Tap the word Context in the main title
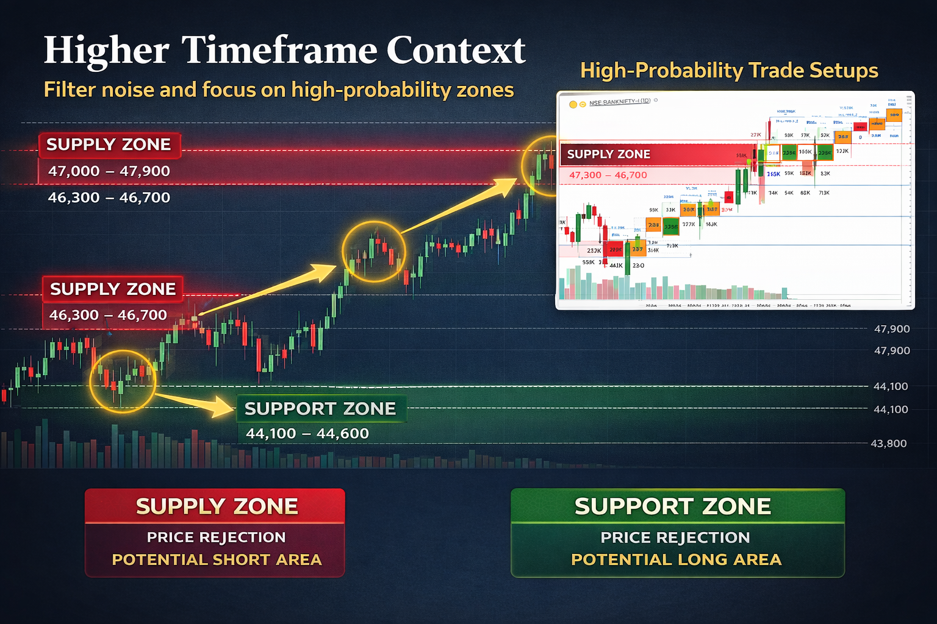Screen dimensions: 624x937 point(456,50)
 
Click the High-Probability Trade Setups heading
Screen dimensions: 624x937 point(729,71)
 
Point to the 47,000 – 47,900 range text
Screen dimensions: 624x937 point(109,171)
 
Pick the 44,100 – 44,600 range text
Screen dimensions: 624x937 point(307,433)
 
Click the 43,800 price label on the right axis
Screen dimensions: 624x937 point(888,444)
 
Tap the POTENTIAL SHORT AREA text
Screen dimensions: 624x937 point(217,559)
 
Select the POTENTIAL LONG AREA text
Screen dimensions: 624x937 point(676,559)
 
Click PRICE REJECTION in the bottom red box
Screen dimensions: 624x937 point(216,537)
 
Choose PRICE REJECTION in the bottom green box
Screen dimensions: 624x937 point(675,537)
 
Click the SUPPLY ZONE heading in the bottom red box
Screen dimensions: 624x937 point(217,506)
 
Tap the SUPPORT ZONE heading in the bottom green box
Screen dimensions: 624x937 point(673,506)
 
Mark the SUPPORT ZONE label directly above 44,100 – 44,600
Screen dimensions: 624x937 point(320,409)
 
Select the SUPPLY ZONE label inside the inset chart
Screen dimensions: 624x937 point(609,154)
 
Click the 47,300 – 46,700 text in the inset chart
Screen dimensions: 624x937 point(608,175)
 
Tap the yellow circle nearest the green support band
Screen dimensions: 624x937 point(123,381)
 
